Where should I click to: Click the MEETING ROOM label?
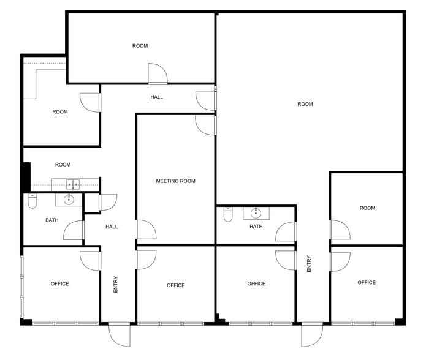[x=175, y=181]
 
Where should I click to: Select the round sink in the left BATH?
[x=69, y=199]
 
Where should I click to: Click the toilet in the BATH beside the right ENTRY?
[x=229, y=215]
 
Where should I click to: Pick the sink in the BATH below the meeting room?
[x=256, y=213]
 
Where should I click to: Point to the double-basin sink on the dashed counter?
[x=73, y=183]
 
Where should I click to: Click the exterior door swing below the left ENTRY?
[x=120, y=335]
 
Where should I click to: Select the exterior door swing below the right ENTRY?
[x=312, y=335]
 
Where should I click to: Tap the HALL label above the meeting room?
[x=157, y=97]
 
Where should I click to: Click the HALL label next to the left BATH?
[x=112, y=227]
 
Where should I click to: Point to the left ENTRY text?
[x=115, y=285]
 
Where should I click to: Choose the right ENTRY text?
[x=310, y=264]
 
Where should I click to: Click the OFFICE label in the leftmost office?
[x=59, y=283]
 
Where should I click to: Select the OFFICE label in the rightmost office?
[x=367, y=282]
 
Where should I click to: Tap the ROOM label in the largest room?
[x=305, y=104]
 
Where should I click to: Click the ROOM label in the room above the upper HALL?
[x=140, y=46]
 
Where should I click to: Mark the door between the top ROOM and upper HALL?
[x=158, y=74]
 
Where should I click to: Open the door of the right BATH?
[x=286, y=231]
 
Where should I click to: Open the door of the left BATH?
[x=74, y=230]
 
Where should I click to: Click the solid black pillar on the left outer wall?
[x=26, y=177]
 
